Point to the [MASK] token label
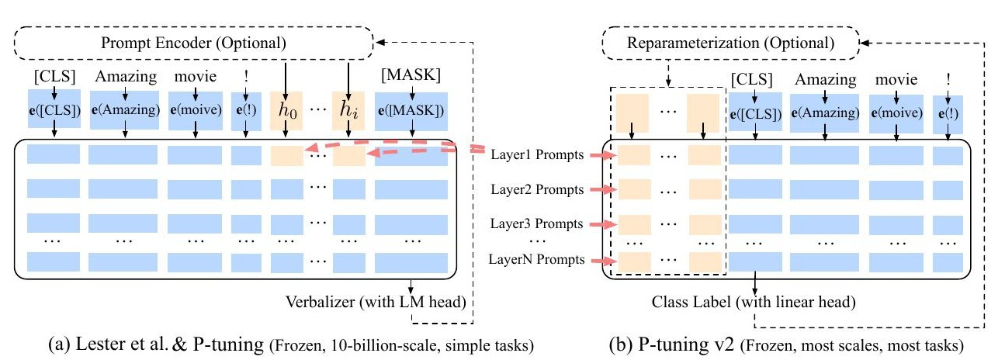click(411, 78)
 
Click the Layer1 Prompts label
click(536, 155)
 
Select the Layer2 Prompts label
click(536, 189)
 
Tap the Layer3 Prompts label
click(536, 224)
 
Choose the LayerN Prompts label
click(536, 259)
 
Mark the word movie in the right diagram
click(896, 79)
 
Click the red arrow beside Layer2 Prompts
click(601, 189)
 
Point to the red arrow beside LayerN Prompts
click(601, 259)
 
